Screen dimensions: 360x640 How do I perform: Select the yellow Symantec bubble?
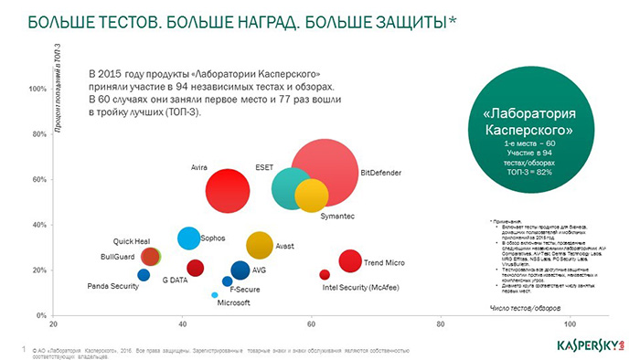(312, 196)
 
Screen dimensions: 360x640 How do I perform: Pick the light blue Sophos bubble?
(188, 238)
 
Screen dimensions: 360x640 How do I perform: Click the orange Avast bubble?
(260, 244)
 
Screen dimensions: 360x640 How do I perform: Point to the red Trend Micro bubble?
(349, 261)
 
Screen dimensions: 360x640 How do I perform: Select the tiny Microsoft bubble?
(215, 295)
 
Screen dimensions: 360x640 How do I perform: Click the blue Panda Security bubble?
(144, 275)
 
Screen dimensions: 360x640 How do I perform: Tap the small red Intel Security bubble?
(325, 275)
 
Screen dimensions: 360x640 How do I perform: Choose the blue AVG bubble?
(240, 270)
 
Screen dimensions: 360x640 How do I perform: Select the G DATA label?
(176, 281)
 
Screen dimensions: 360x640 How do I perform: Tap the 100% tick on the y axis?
(37, 90)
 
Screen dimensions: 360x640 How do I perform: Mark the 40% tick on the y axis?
(39, 225)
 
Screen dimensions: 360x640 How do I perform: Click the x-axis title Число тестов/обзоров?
(524, 309)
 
